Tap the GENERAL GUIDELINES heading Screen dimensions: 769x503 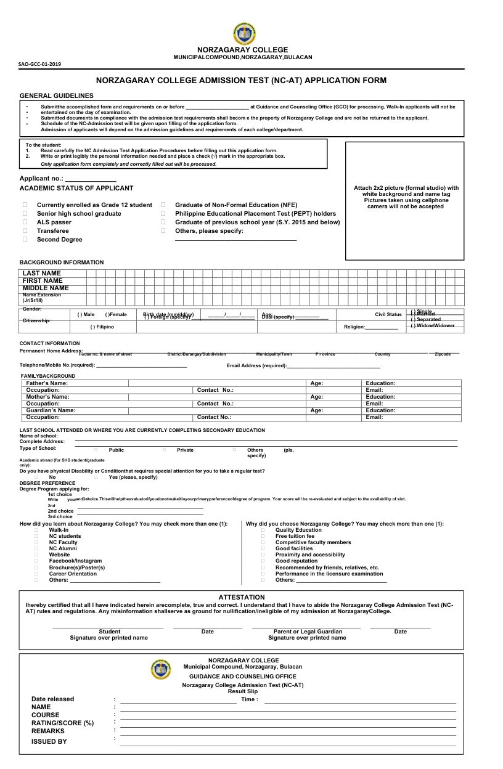[x=57, y=96]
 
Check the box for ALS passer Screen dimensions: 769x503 [x=25, y=222]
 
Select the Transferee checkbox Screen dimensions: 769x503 [x=25, y=231]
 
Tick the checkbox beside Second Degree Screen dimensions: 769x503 [x=25, y=240]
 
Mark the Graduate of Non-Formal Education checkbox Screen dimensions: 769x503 [x=163, y=205]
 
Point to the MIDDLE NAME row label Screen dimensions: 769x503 [x=46, y=288]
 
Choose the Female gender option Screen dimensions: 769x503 [x=116, y=314]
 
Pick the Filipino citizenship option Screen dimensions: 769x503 [x=102, y=327]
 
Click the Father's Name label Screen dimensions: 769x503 [x=47, y=383]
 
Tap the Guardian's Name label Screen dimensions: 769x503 [x=51, y=410]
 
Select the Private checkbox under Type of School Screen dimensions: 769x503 [x=165, y=450]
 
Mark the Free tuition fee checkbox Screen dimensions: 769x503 [x=263, y=537]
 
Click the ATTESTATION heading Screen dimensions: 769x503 [x=242, y=597]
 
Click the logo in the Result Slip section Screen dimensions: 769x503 [x=162, y=669]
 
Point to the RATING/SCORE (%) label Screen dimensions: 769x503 [x=62, y=723]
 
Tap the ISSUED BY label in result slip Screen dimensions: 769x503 [x=49, y=741]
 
